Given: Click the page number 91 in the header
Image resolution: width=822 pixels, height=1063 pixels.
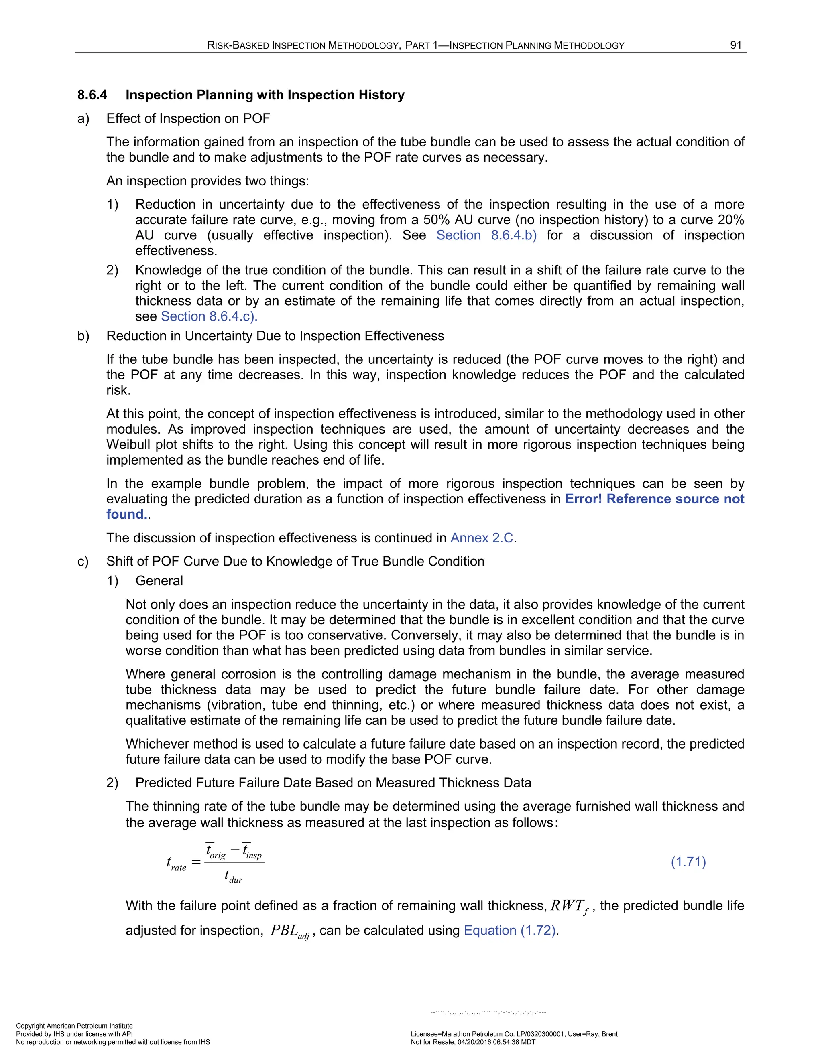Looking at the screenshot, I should (735, 45).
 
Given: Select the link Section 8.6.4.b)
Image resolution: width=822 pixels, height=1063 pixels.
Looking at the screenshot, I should (486, 235).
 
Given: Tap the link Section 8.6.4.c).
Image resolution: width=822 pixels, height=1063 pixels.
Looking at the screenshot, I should (209, 316).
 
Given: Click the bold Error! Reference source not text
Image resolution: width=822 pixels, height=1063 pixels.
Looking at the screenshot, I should (654, 499).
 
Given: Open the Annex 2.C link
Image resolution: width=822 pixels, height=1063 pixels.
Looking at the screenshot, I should (482, 538).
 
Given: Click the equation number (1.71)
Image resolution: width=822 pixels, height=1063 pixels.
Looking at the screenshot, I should (688, 862).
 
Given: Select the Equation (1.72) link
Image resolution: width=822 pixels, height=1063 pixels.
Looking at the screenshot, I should (510, 930).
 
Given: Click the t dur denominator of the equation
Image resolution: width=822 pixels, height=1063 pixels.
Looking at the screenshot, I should (233, 876).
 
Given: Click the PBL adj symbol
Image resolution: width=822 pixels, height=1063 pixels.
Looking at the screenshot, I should (290, 931).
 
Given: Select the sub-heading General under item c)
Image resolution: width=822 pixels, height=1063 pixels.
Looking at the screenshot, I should (159, 581).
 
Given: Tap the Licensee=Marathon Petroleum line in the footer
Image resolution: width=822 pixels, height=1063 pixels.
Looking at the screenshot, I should (514, 1034).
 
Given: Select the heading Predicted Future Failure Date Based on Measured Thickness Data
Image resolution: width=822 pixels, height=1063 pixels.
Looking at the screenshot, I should (333, 783).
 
